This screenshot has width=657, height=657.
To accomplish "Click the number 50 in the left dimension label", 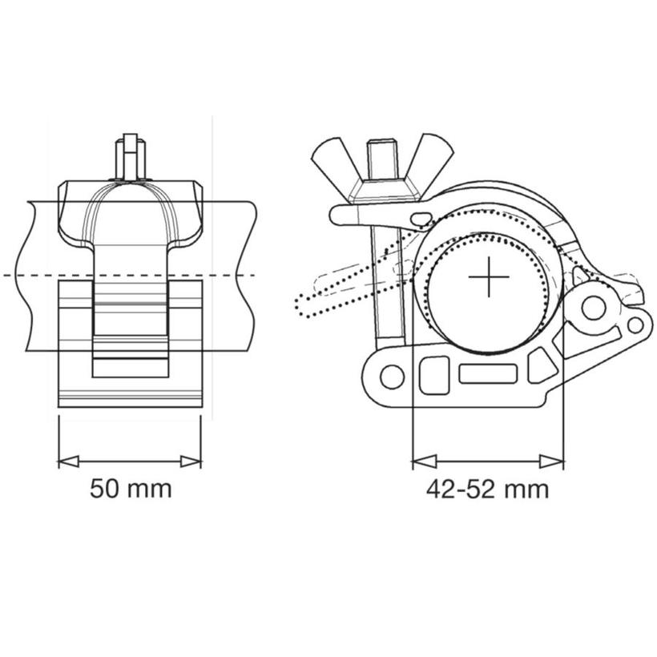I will (104, 488).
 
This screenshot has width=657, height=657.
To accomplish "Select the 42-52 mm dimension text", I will (487, 489).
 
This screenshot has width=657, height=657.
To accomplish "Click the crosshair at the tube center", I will (489, 278).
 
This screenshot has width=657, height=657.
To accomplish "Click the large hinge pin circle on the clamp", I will (594, 307).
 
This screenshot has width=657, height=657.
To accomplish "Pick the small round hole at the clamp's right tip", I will (635, 324).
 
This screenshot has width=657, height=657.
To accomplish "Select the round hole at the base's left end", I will (392, 375).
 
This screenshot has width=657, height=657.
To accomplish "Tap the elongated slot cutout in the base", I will (488, 373).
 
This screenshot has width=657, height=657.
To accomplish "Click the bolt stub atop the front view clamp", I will (131, 155).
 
